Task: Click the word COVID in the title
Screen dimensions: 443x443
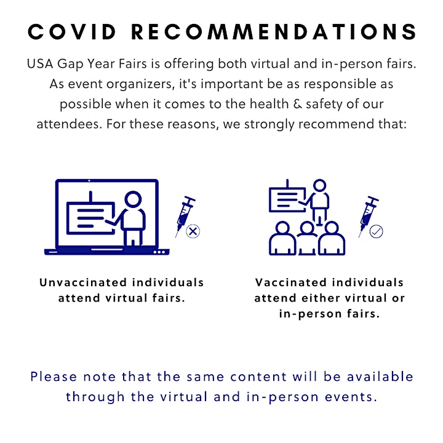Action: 72,31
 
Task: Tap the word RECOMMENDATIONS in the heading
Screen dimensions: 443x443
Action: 274,31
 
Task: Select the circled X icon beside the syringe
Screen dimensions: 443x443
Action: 193,231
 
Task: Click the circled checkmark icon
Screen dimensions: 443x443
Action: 377,231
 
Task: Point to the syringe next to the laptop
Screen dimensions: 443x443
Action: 185,216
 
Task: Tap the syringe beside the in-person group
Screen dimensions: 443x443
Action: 369,216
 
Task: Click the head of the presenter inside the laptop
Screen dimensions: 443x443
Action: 133,199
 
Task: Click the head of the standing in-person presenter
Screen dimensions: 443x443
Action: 319,186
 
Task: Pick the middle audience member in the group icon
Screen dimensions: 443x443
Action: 307,239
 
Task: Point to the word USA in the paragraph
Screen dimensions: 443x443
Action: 40,63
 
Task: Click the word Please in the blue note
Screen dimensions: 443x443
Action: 54,377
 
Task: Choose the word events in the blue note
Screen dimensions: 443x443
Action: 351,397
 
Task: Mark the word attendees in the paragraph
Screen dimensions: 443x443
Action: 70,124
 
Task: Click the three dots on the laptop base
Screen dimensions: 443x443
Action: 159,252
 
